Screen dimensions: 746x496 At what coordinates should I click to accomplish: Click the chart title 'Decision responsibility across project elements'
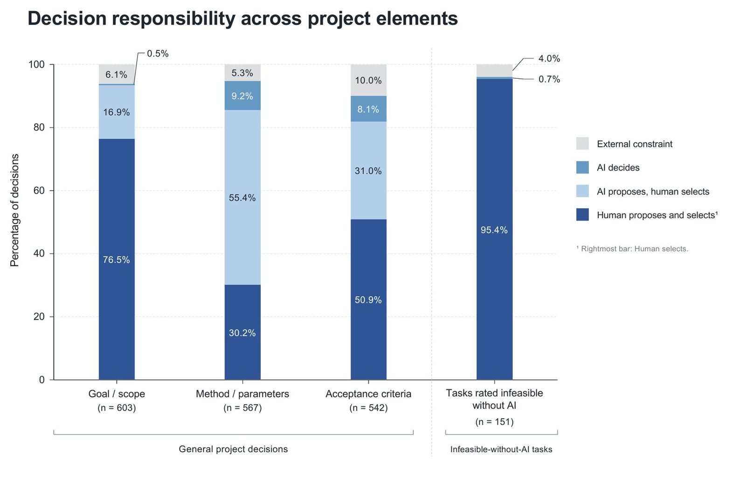point(242,18)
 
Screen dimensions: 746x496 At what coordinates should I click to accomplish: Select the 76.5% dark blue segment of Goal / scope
point(117,259)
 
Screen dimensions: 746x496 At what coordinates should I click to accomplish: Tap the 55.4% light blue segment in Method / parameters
point(242,197)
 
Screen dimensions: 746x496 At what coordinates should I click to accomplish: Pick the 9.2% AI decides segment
point(242,96)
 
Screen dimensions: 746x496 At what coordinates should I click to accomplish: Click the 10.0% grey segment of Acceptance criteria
point(368,80)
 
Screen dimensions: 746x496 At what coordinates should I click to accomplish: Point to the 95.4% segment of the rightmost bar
point(494,229)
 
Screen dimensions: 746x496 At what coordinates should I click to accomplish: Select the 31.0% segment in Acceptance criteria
point(368,171)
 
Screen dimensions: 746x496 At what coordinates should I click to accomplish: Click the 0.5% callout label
point(158,54)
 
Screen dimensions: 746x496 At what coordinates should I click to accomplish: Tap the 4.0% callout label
point(549,59)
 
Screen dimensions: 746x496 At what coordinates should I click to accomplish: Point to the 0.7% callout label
point(549,79)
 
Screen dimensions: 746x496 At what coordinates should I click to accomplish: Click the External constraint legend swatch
point(582,144)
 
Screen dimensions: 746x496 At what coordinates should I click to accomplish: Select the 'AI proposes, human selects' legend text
point(653,192)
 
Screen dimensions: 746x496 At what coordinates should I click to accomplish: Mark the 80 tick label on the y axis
point(39,127)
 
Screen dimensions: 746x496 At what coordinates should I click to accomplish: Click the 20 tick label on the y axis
point(39,316)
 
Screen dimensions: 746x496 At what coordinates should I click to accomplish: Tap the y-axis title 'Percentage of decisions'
point(14,210)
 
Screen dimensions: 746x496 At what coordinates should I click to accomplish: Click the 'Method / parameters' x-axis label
point(242,394)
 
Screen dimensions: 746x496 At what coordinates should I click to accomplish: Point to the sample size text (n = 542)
point(368,408)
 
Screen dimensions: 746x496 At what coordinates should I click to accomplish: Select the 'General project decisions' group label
point(233,449)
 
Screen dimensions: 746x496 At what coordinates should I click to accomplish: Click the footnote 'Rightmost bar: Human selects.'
point(635,248)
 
